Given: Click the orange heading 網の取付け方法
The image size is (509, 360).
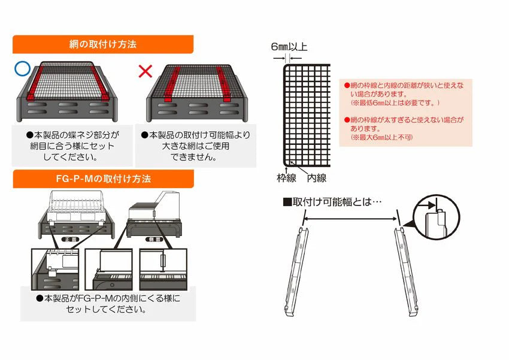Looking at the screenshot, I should coord(102,44).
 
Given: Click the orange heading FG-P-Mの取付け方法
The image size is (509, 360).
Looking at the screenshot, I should coord(102,179).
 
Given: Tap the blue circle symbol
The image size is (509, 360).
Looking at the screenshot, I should coord(23,68).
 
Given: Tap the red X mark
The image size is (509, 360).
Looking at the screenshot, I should coord(146,72).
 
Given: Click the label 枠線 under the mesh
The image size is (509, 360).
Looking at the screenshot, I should coord(284,178).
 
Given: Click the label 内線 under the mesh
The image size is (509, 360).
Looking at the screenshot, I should coord(316,178).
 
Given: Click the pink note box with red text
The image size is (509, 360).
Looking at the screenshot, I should coord(406,112).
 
